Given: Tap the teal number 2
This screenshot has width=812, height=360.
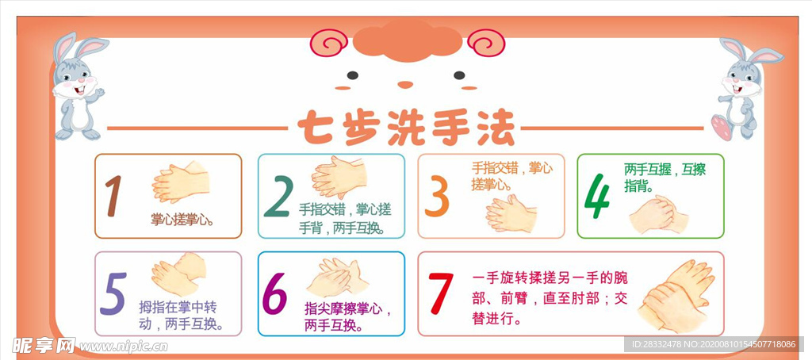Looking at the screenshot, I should pos(278,196).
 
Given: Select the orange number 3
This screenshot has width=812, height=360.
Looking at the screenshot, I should pos(437,196).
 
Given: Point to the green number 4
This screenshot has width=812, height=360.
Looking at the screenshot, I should pos(597,196).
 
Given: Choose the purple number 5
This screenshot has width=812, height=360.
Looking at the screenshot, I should pos(113,294).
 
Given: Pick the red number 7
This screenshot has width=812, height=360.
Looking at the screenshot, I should pos(440,293).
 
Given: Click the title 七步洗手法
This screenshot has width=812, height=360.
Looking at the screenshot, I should pos(405,127).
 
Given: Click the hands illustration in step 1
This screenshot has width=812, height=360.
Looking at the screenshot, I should pos(181,182).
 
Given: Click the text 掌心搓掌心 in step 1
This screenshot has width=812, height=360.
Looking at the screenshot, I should pos(185,219).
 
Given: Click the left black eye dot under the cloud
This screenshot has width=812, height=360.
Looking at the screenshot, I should pos(352,76).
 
